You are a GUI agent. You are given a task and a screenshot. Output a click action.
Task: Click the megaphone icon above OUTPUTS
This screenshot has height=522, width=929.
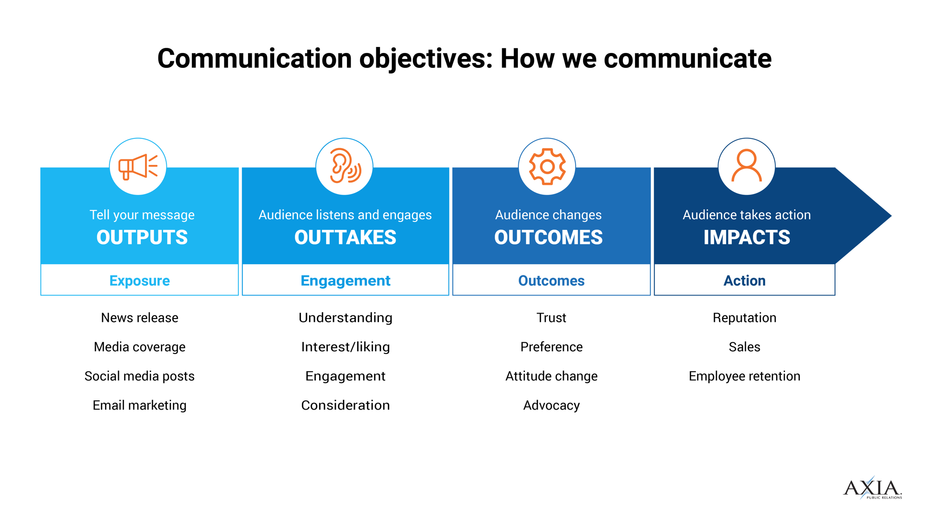point(138,167)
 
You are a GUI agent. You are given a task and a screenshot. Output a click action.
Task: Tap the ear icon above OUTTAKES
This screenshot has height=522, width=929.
point(345,167)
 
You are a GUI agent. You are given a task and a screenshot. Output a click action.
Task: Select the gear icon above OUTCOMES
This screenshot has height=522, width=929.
point(547,167)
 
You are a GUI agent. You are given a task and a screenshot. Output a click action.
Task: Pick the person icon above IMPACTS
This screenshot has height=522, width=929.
point(746,167)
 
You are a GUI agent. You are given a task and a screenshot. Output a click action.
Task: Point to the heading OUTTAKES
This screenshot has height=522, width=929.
point(345,237)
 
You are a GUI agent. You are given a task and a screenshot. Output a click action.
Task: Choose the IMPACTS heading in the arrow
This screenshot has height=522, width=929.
point(746,237)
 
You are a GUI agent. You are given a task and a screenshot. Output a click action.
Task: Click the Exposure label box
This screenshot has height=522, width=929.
point(140,281)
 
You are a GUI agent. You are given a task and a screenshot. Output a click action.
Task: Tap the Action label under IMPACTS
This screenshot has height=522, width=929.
point(745,281)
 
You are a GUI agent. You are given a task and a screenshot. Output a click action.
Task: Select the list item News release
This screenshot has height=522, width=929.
point(140,318)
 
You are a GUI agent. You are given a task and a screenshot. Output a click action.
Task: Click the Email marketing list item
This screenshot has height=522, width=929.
point(140,405)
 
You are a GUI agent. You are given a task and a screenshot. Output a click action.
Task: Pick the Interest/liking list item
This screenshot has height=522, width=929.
point(346,347)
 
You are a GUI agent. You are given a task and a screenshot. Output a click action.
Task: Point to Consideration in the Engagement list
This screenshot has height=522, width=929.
point(346,405)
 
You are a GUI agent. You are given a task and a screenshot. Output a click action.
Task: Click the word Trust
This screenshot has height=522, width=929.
point(551,318)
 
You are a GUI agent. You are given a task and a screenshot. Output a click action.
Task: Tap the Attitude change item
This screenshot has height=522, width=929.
point(551,376)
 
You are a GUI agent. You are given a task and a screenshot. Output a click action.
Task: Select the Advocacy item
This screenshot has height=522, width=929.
point(551,405)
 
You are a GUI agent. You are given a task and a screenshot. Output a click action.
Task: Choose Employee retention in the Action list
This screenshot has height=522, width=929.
point(745,376)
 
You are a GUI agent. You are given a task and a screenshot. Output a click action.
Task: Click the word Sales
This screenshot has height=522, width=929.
point(745,347)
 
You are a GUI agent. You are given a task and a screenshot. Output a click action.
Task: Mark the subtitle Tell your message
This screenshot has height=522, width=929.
point(142,215)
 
